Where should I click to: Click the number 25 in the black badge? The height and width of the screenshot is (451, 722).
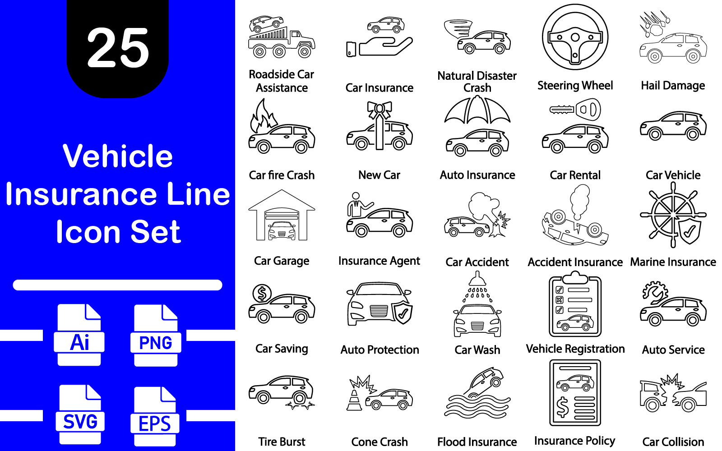click(118, 48)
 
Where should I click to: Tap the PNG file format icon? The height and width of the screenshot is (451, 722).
click(156, 336)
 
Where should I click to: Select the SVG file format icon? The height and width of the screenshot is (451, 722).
click(80, 414)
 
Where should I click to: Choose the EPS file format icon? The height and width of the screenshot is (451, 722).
click(155, 416)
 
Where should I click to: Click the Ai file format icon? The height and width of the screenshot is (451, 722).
click(79, 335)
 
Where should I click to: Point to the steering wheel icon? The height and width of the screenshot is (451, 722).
click(575, 37)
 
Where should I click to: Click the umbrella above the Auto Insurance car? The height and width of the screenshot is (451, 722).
click(477, 110)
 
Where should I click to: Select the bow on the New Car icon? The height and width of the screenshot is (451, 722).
click(380, 110)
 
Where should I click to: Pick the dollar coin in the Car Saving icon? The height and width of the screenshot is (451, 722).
click(262, 294)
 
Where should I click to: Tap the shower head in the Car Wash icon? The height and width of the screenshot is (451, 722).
click(477, 279)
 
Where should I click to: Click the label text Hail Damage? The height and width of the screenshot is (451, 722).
click(673, 86)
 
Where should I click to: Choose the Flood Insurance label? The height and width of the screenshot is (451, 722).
click(477, 442)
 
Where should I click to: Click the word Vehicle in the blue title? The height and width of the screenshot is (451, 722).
click(118, 156)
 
